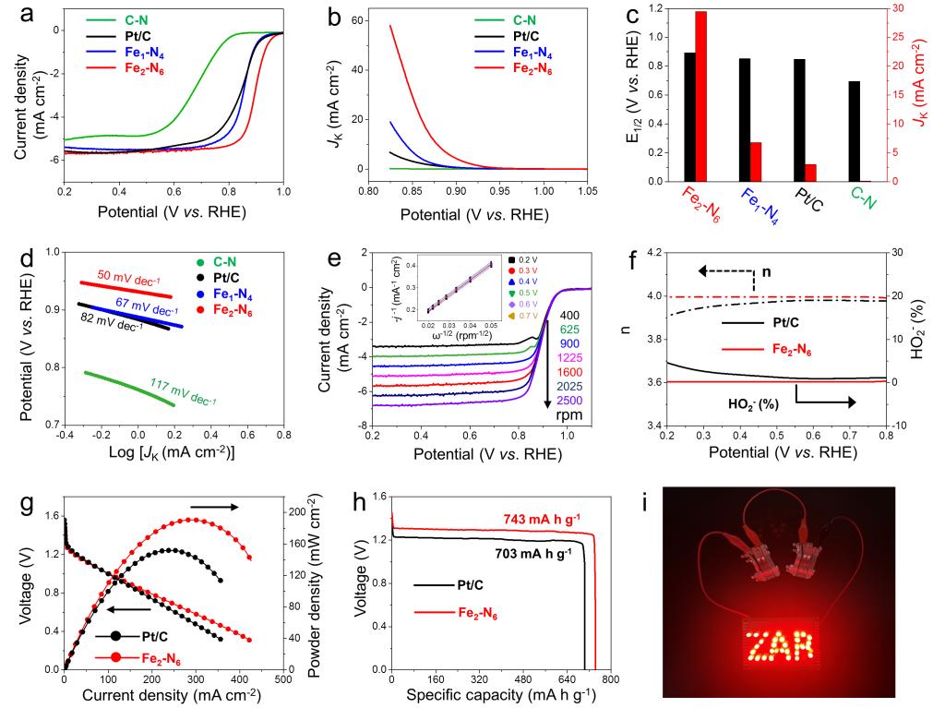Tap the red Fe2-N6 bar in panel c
[700, 96]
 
